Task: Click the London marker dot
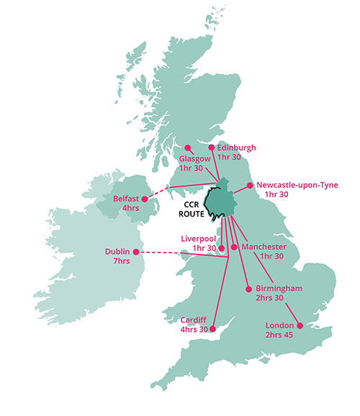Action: tap(300, 325)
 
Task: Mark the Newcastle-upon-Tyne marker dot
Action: tap(251, 185)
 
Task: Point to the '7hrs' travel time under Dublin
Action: tap(117, 261)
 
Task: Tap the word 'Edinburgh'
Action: tap(236, 148)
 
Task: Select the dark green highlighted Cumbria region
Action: tap(222, 202)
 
